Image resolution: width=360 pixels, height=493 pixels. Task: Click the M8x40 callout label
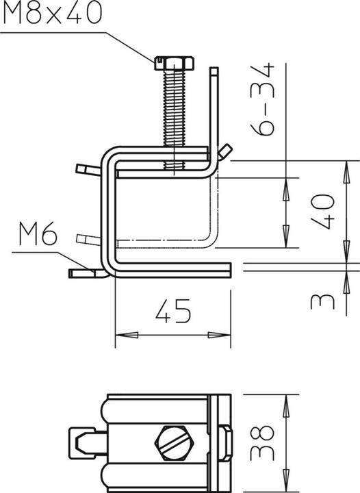click(x=51, y=14)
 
